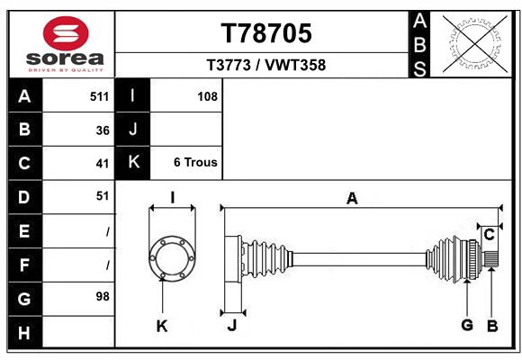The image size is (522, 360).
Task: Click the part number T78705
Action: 266,33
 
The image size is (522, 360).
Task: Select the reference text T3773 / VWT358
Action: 266,65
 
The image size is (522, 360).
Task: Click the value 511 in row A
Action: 99,96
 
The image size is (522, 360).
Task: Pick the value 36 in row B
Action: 103,130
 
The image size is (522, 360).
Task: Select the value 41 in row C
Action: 103,164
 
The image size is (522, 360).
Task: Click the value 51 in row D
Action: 103,195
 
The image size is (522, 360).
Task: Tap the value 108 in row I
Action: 207,96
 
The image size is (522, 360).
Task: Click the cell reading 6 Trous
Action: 195,163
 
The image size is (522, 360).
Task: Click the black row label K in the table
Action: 133,163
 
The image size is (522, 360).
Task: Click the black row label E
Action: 24,231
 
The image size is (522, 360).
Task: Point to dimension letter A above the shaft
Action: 352,199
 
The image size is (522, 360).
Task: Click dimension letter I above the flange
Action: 171,198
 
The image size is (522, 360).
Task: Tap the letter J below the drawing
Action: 231,326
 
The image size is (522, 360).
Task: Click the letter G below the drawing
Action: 466,326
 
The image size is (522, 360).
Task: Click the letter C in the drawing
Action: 489,235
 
